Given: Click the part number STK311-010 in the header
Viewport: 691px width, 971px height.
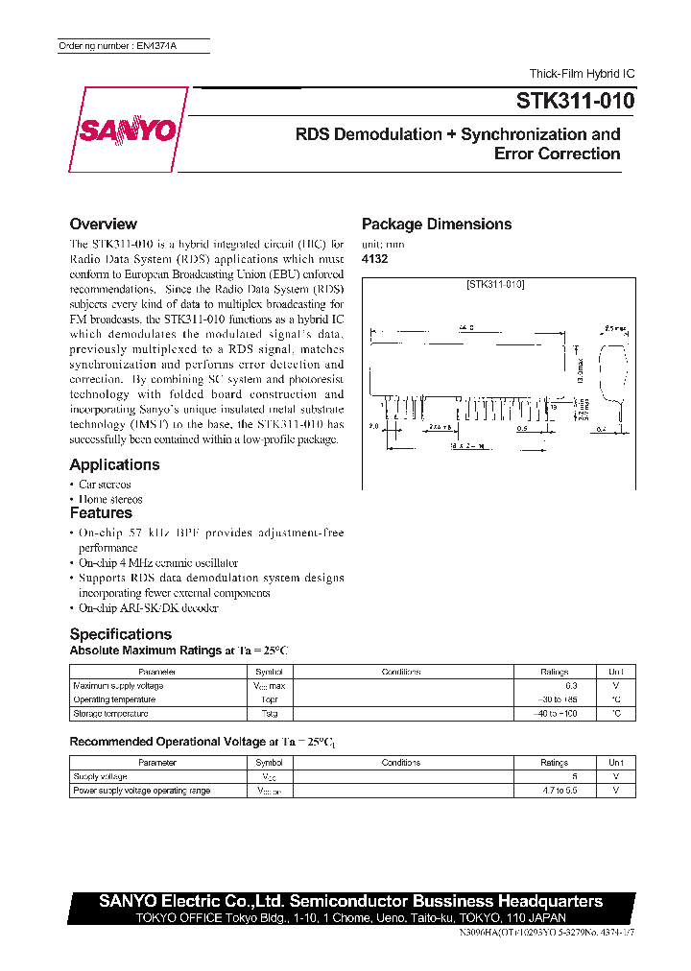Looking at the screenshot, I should click(575, 100).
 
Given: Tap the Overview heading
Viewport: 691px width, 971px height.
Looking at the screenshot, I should click(103, 224).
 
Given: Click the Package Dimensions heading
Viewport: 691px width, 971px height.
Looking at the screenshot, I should click(436, 224).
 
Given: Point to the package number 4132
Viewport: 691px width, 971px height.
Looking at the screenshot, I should click(374, 259).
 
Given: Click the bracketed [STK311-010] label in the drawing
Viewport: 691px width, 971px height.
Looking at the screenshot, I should click(494, 285).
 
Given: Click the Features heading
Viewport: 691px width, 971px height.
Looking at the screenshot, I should click(101, 513).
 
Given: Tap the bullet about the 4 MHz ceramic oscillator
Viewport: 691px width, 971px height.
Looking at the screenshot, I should click(157, 562).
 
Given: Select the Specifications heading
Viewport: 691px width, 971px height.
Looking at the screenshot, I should click(120, 634).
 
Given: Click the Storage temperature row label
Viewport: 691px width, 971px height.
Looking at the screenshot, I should click(110, 713).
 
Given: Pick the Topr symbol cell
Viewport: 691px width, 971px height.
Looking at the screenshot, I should click(269, 699).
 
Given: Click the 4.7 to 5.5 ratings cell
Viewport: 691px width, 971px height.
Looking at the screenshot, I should click(554, 791).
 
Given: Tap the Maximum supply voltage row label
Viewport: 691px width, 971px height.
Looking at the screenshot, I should click(118, 686).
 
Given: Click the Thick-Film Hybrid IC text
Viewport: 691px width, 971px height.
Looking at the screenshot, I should click(582, 74).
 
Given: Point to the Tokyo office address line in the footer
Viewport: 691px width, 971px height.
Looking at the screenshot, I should click(351, 917).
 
